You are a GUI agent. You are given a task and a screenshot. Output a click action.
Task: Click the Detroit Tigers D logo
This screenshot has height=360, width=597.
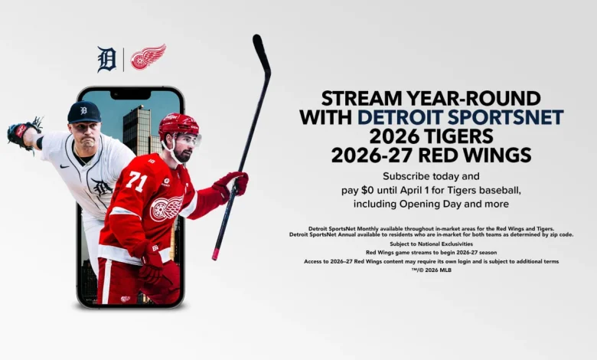tap(106, 59)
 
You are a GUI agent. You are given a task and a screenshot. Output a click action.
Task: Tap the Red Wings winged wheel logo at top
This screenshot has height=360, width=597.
tap(148, 57)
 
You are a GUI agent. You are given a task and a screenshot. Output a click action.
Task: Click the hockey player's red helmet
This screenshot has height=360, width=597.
tap(177, 126)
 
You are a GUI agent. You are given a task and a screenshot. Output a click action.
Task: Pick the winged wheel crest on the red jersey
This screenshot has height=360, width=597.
tap(166, 208)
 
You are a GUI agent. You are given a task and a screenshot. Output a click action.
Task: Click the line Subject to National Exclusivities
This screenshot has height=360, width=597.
tap(431, 244)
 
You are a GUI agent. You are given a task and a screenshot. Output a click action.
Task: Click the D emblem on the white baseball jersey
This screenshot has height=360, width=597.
tap(100, 186)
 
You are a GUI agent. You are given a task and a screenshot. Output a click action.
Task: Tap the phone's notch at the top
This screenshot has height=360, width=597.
tap(130, 93)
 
